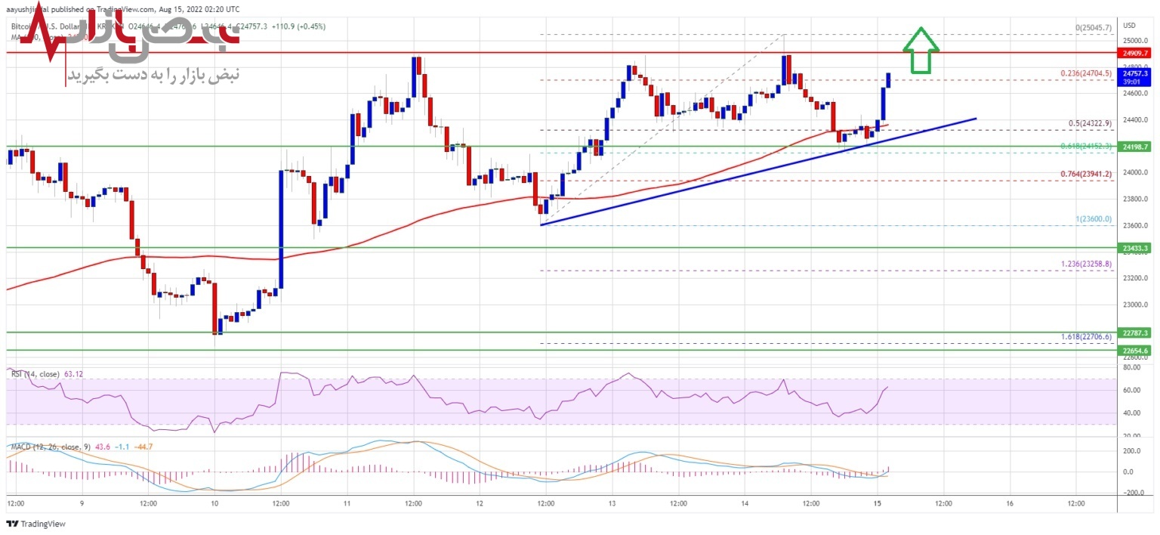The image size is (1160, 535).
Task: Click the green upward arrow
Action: tap(921, 52)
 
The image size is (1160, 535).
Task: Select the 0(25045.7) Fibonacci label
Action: tap(1093, 28)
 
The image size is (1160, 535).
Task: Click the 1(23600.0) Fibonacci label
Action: tap(1093, 219)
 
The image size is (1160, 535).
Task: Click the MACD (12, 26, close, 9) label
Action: tap(50, 447)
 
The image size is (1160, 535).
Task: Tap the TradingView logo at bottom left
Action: tap(35, 524)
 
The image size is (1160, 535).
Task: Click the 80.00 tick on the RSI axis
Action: tap(1131, 368)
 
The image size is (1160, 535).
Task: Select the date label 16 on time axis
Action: tap(1009, 503)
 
